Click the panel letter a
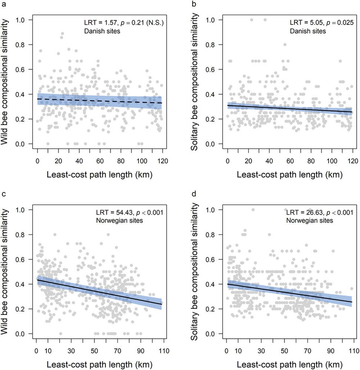(x=3, y=4)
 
